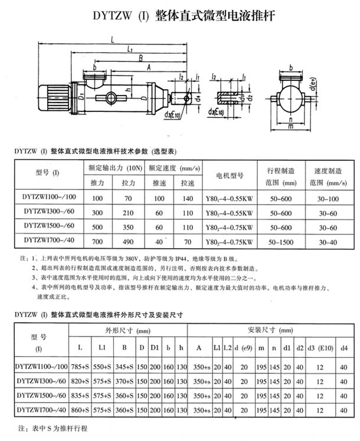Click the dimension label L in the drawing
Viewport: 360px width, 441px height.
click(x=112, y=40)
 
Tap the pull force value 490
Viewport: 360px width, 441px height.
click(x=129, y=241)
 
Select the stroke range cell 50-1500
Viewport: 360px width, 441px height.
click(x=279, y=241)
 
